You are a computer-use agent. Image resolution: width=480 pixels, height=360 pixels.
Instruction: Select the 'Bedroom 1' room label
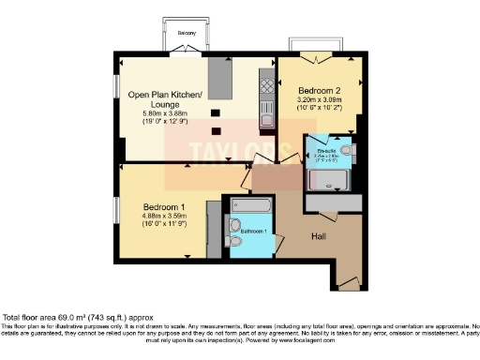(x=165, y=206)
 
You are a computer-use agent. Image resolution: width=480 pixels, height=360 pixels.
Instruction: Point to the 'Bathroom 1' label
(x=254, y=230)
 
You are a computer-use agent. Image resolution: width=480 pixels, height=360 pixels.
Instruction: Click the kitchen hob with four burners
(x=265, y=87)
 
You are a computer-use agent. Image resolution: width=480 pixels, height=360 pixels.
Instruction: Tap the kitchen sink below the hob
(x=265, y=116)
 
